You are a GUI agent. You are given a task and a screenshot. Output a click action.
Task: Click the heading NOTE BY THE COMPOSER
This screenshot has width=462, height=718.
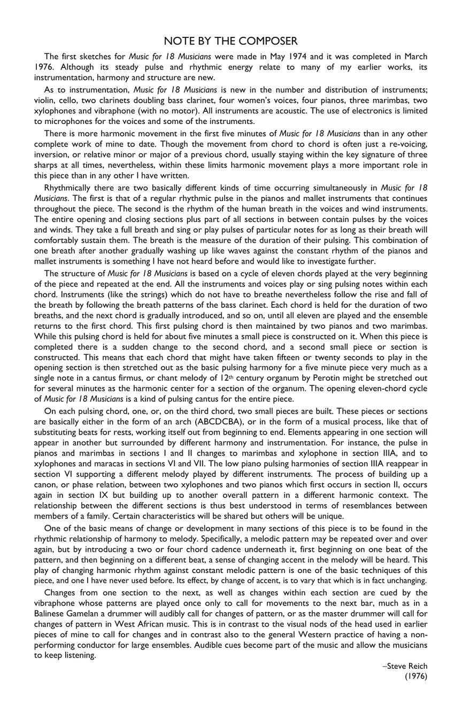pos(230,41)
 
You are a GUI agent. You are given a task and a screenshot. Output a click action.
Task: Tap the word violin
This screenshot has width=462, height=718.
pos(46,101)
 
